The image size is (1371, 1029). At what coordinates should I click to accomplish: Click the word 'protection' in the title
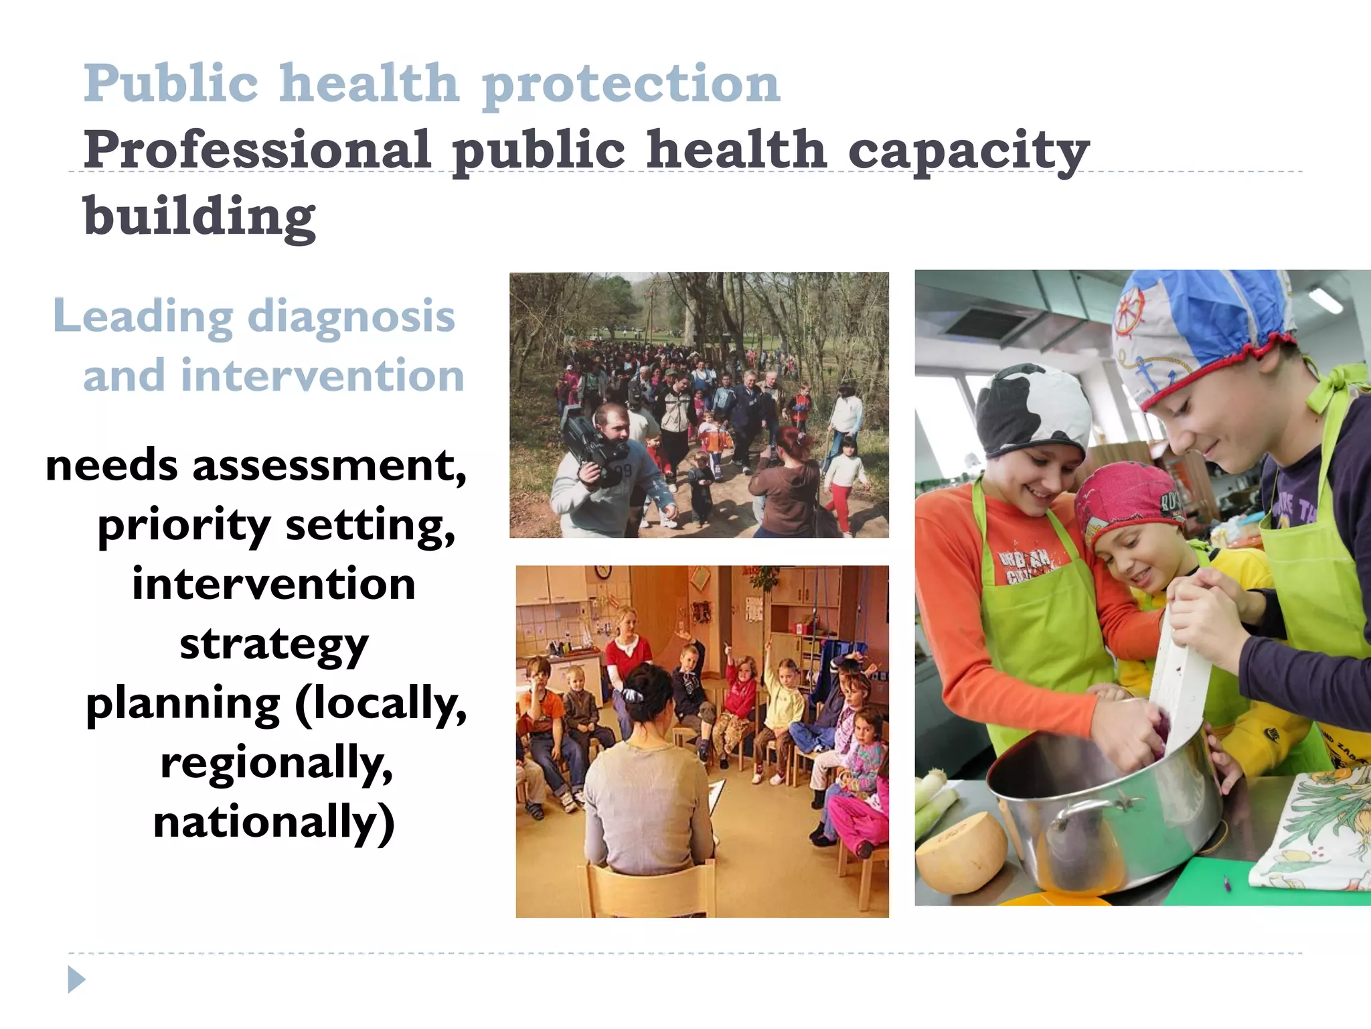coord(631,84)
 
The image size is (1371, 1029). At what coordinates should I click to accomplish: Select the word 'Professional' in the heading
coord(257,150)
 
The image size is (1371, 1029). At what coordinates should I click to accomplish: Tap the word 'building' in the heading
coord(199,217)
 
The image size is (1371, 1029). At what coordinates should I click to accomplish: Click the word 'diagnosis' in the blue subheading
coord(351,316)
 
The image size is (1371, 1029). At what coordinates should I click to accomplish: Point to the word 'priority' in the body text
coord(184,525)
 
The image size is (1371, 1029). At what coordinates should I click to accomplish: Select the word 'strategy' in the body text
coord(274,644)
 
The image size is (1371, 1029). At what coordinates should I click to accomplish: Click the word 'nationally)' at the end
coord(274,823)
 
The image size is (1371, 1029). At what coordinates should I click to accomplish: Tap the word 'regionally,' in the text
coord(276,763)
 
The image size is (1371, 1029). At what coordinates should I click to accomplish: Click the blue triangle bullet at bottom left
coord(77,980)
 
